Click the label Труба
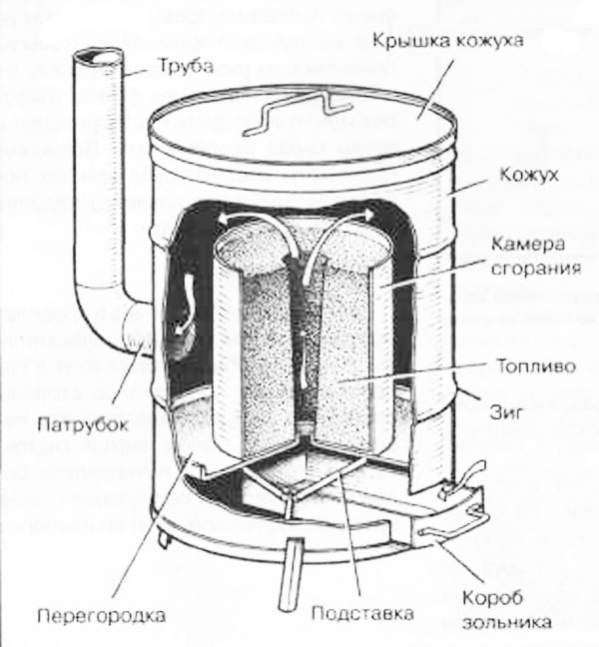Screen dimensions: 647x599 (x=183, y=68)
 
